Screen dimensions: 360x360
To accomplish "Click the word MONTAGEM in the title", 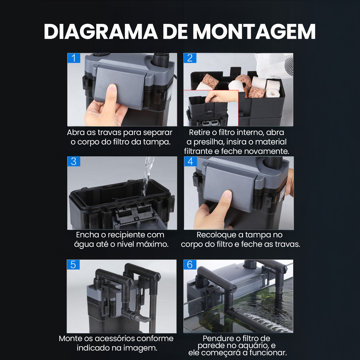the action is (254, 31).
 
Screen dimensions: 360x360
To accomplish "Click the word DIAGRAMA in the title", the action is (101, 31).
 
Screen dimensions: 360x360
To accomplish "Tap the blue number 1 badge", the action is (74, 58).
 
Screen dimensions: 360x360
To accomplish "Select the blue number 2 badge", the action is (190, 58).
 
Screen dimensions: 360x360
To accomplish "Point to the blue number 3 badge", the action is (74, 161).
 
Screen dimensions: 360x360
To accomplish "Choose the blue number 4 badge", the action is (190, 161).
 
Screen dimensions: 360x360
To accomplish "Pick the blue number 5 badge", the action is (73, 265).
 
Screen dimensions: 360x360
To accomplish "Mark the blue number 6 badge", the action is (190, 265).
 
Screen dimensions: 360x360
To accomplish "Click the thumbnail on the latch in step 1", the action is (112, 88).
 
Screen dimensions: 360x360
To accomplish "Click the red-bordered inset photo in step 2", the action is (211, 108).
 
